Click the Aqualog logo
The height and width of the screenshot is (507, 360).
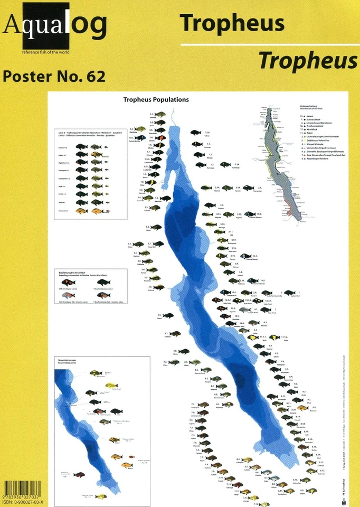click(x=55, y=26)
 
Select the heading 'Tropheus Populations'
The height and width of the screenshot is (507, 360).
click(x=156, y=99)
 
